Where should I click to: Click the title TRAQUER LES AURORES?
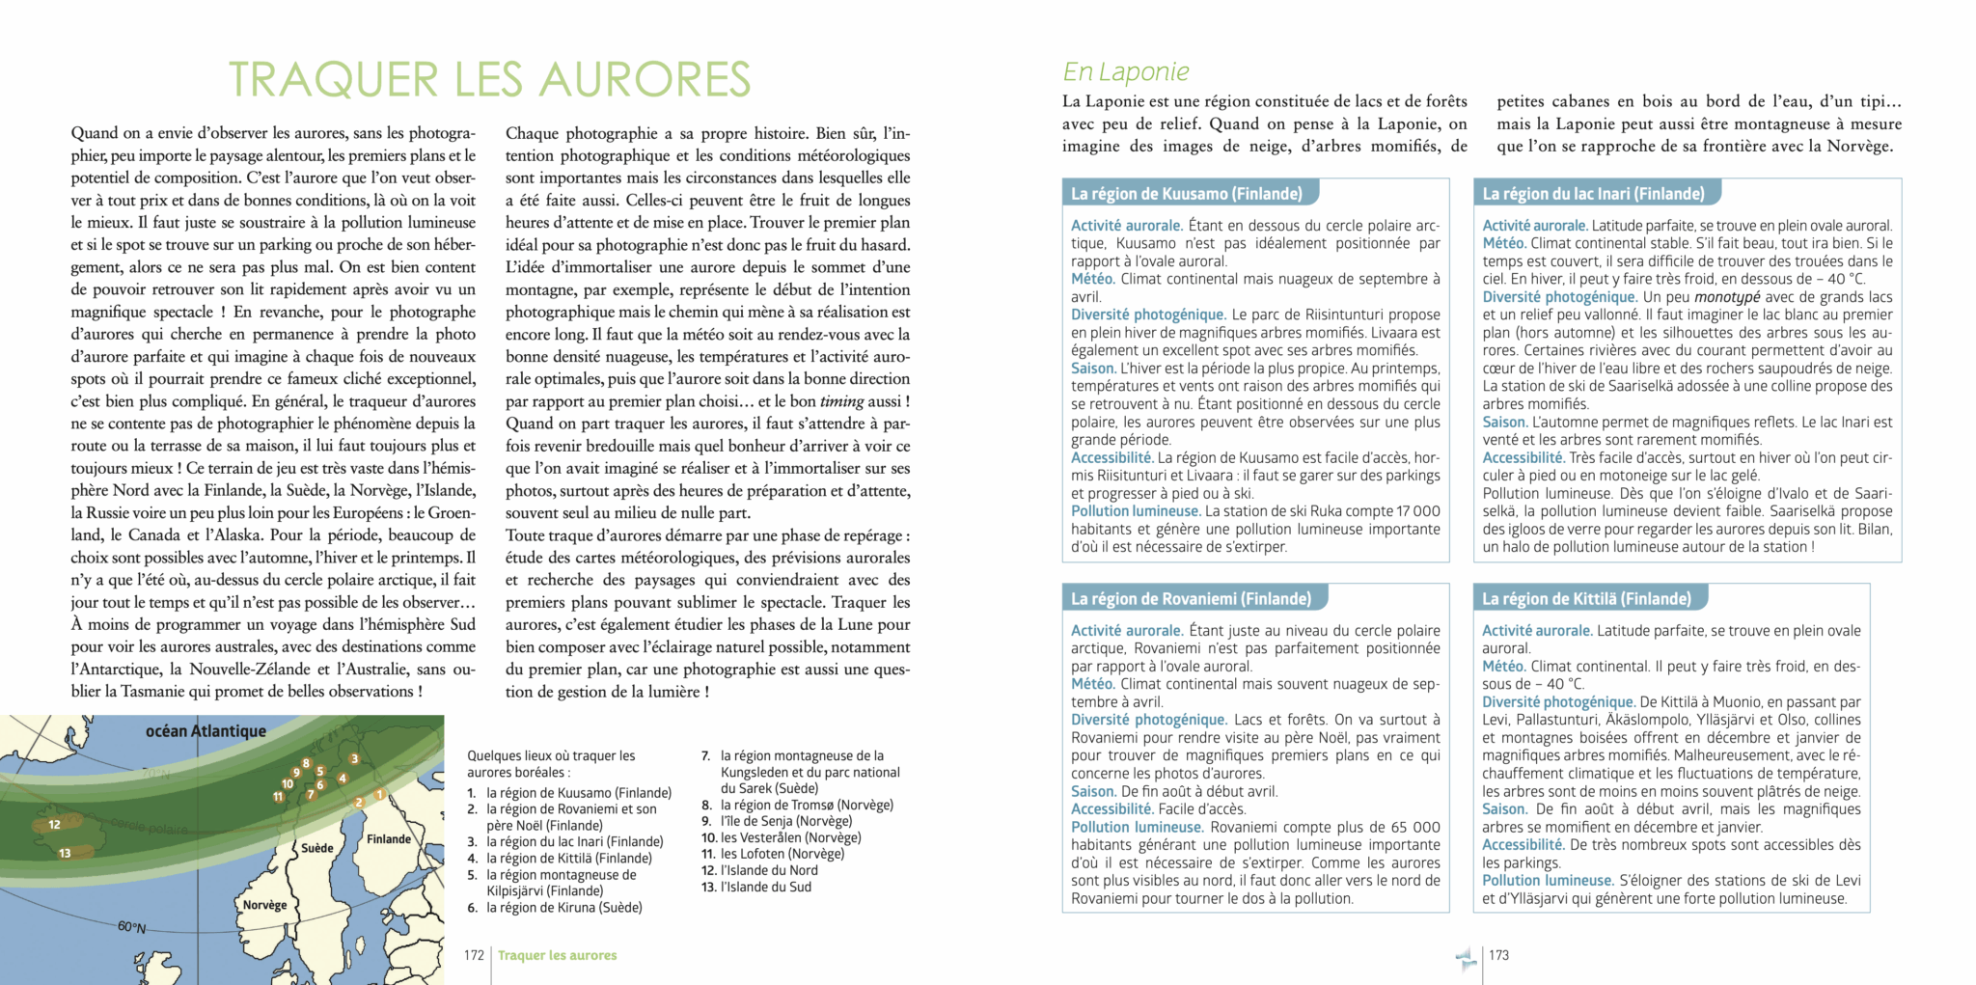coord(489,79)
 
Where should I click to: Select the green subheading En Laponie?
coord(1125,71)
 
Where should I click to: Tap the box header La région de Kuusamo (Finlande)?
coord(1186,194)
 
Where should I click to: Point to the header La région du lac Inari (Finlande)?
coord(1593,194)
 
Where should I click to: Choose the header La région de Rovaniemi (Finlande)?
coord(1191,599)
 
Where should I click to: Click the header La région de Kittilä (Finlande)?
coord(1586,599)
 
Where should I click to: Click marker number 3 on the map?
coord(354,759)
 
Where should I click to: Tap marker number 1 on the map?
coord(379,795)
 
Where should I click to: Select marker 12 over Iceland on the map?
coord(55,825)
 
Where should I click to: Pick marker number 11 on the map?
coord(279,797)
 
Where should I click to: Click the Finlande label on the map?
coord(389,839)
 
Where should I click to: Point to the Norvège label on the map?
coord(264,905)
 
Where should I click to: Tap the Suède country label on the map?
coord(317,849)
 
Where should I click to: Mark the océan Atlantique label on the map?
coord(206,731)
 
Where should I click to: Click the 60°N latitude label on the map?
coord(131,927)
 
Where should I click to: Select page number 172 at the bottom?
coord(474,955)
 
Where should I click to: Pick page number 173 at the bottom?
coord(1498,955)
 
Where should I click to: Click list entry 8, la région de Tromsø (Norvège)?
coord(798,805)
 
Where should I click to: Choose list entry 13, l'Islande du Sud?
coord(756,887)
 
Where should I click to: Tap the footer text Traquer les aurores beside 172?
coord(557,955)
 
